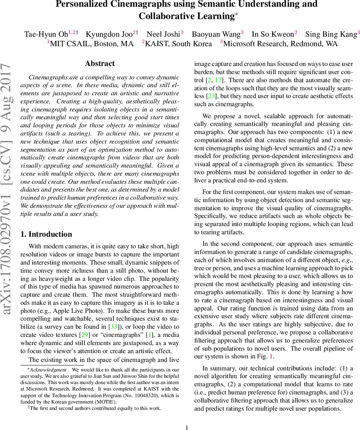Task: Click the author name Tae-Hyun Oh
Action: pyautogui.click(x=45, y=34)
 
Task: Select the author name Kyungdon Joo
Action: pyautogui.click(x=109, y=34)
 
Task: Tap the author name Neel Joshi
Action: pyautogui.click(x=163, y=34)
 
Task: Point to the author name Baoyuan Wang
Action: pyautogui.click(x=216, y=34)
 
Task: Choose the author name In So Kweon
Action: pyautogui.click(x=273, y=34)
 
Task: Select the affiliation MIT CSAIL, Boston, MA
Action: pyautogui.click(x=92, y=44)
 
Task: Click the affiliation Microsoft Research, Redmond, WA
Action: pyautogui.click(x=280, y=44)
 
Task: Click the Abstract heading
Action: pyautogui.click(x=100, y=64)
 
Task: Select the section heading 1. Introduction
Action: pyautogui.click(x=46, y=234)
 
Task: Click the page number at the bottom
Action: pyautogui.click(x=186, y=427)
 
